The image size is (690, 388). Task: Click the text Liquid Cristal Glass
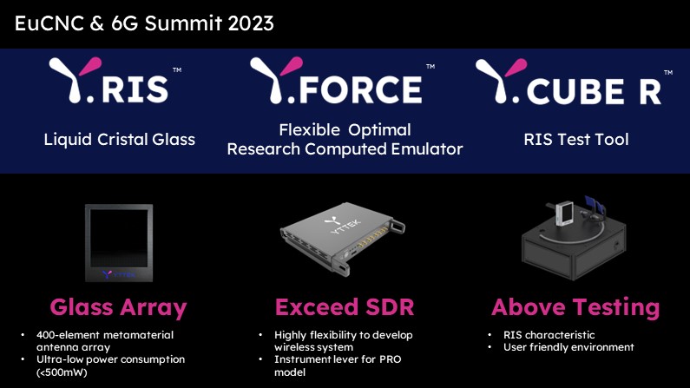119,140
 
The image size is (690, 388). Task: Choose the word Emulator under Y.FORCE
427,149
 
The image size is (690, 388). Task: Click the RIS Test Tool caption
576,140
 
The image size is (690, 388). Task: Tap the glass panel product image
119,242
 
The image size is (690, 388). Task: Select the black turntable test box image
574,239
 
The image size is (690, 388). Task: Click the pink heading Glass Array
118,307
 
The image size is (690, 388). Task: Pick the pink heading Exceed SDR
345,307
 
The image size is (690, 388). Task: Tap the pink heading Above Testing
575,307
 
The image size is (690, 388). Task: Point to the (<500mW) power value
62,372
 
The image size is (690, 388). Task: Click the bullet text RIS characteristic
549,335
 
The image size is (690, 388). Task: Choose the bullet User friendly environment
568,347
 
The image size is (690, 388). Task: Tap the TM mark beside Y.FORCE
430,67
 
